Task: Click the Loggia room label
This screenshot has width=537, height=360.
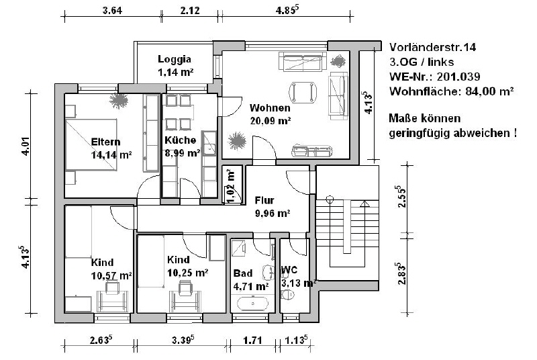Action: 175,60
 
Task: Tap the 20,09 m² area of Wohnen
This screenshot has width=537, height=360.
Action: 271,121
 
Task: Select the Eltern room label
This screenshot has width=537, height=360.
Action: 105,142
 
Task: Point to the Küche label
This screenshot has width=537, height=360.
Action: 180,140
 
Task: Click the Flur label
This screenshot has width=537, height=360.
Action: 264,200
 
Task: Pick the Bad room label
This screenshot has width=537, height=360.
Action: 243,273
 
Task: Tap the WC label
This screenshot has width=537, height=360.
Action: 289,270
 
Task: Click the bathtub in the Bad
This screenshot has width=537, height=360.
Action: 253,304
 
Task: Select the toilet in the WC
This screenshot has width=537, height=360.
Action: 287,294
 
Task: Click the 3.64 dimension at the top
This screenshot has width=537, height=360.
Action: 112,11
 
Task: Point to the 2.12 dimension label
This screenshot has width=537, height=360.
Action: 190,11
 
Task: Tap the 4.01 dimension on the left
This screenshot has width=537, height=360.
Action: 26,146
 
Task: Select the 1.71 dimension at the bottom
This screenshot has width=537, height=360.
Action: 253,341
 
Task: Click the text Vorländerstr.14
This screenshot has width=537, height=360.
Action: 432,47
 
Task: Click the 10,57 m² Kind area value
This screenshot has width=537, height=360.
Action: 111,275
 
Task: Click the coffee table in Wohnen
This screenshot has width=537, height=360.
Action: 303,92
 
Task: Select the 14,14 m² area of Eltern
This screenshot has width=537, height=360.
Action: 111,155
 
